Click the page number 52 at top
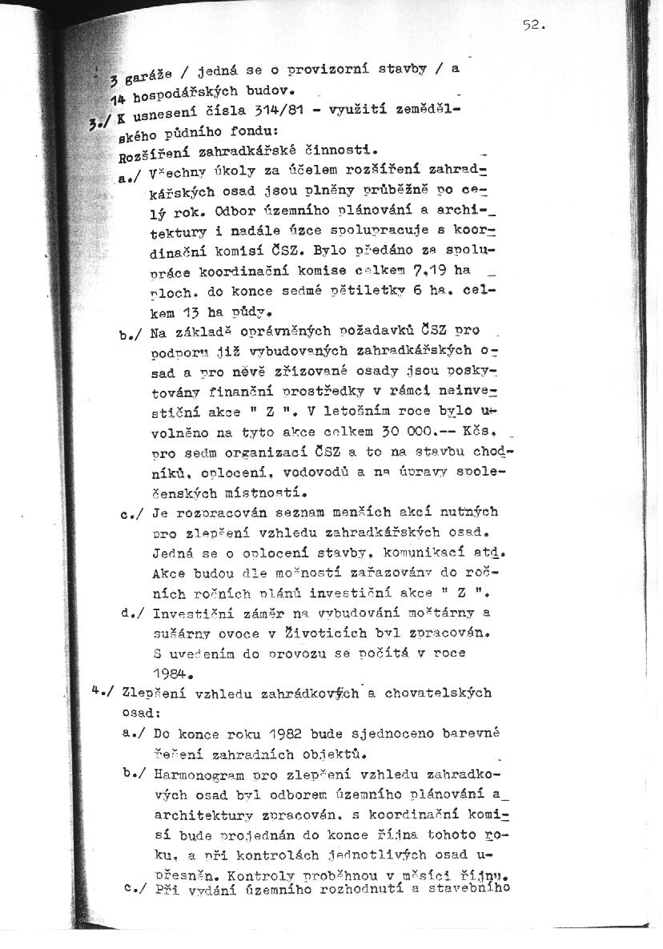pos(533,25)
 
